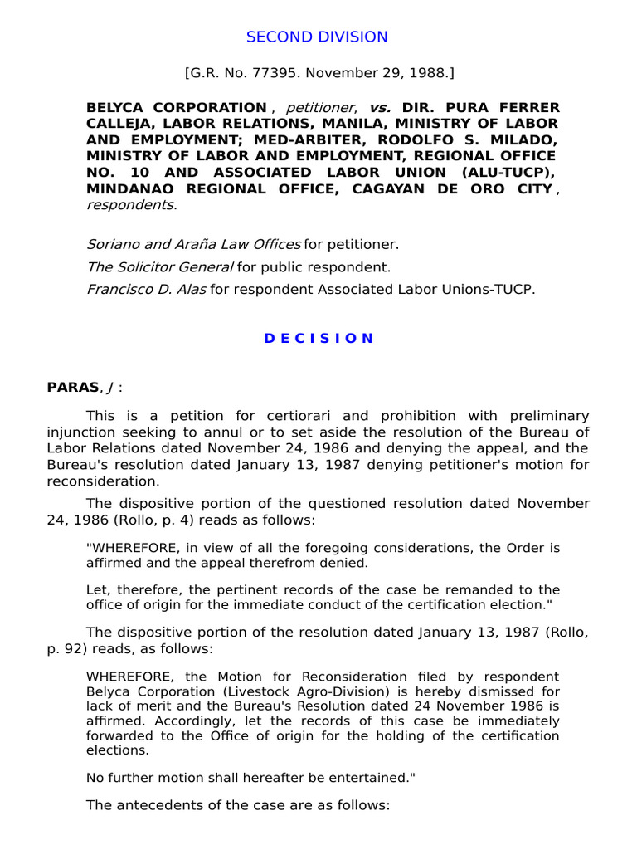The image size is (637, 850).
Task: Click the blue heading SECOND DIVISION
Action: coord(318,37)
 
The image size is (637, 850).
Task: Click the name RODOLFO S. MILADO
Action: coord(489,140)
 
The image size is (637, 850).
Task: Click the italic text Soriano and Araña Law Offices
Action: coord(193,244)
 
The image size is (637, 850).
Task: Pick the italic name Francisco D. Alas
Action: coord(147,290)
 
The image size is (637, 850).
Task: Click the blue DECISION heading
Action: coord(318,338)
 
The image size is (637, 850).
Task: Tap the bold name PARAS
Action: coord(73,387)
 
